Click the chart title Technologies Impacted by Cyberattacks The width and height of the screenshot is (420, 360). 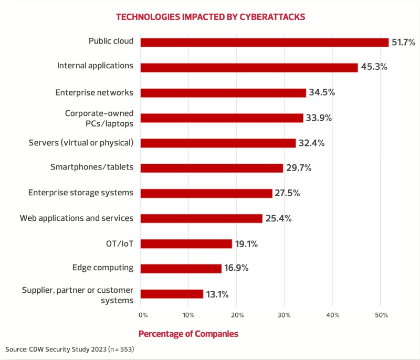210,16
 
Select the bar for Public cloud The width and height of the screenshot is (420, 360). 264,42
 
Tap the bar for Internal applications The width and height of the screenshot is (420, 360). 249,67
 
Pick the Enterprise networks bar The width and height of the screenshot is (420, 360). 223,92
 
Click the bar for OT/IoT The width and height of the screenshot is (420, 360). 186,243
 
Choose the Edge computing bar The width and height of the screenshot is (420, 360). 181,268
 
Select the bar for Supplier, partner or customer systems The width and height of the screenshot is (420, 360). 172,294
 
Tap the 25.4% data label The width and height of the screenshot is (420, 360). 278,218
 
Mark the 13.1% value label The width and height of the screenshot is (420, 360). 217,294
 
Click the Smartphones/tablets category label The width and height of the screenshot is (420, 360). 91,167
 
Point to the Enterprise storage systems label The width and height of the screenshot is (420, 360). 80,193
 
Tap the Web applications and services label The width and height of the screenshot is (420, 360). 76,218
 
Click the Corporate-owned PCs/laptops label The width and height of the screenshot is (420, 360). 99,118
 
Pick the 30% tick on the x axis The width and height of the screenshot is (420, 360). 285,315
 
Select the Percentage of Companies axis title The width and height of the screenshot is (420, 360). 188,334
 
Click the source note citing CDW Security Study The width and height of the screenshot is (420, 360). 70,348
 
